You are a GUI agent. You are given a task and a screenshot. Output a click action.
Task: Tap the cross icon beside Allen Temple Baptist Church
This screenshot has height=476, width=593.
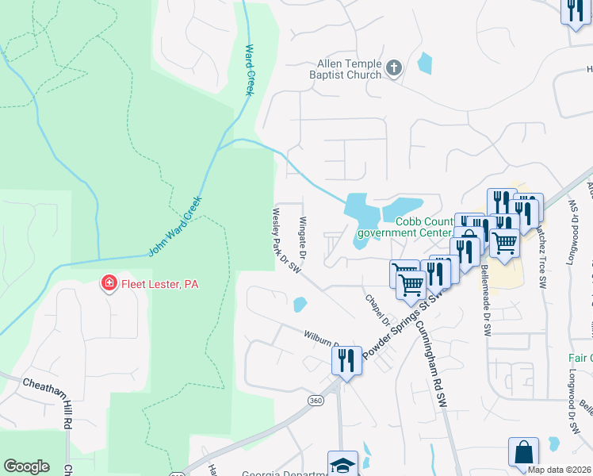[x=394, y=70]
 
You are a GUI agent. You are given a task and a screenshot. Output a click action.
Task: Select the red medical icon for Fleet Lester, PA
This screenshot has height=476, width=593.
[x=108, y=283]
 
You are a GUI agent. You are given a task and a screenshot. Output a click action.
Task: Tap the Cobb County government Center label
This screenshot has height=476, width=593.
[x=404, y=227]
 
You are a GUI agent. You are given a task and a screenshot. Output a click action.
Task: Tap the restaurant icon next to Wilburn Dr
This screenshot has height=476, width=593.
[x=346, y=360]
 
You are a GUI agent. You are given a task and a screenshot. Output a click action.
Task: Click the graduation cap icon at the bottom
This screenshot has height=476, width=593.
[x=342, y=464]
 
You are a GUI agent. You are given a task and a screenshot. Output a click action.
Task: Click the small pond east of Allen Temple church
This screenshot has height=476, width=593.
[x=425, y=63]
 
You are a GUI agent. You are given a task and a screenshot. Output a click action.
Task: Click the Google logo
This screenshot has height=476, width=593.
[x=26, y=466]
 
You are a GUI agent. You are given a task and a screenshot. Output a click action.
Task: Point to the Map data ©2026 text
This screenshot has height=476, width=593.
[x=560, y=470]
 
